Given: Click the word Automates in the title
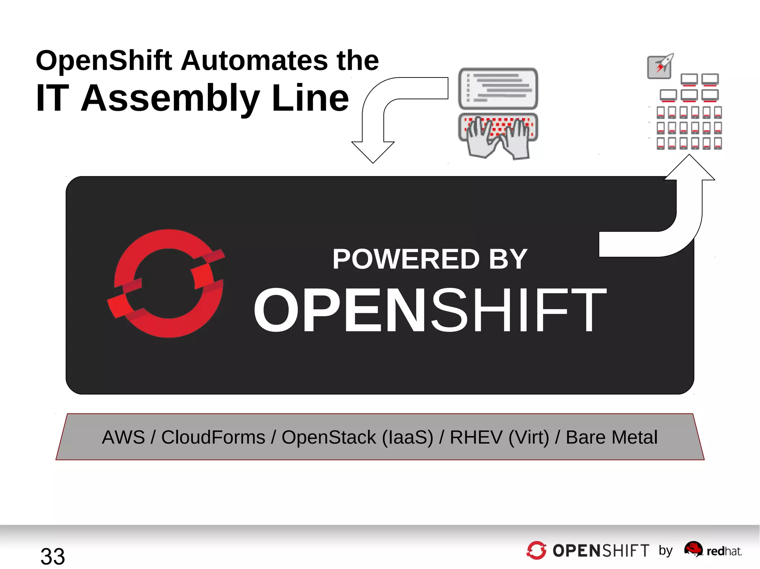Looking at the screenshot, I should coord(254,60).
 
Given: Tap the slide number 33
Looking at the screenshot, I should coord(53,556).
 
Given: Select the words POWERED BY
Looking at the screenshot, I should coord(430,259).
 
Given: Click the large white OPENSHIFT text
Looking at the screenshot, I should coord(430,311).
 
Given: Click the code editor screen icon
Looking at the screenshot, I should coord(498,88).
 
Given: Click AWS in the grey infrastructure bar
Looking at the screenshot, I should coord(123,437).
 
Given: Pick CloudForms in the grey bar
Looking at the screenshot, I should coord(213,437).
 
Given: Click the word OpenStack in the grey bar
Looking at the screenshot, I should coord(329,437).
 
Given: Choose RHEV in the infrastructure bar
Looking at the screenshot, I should coord(476,437).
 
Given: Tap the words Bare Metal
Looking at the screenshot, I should coord(612,437).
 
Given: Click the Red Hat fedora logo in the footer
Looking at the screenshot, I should coord(693,549).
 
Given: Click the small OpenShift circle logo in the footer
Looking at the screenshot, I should coord(536,550).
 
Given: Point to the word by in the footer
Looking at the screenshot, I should coord(666,551).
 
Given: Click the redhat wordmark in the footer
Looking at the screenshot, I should coord(724,551).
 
